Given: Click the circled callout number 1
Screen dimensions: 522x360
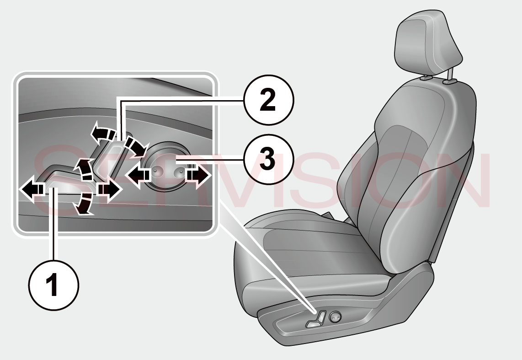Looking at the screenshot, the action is [x=54, y=285].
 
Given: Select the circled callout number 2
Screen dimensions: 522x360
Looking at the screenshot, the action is [x=268, y=100].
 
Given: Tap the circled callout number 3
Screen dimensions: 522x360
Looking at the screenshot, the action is [x=268, y=160].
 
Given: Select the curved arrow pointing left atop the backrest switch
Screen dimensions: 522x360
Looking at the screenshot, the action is [x=104, y=132].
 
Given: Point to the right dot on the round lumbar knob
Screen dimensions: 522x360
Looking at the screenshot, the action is [x=180, y=171].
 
